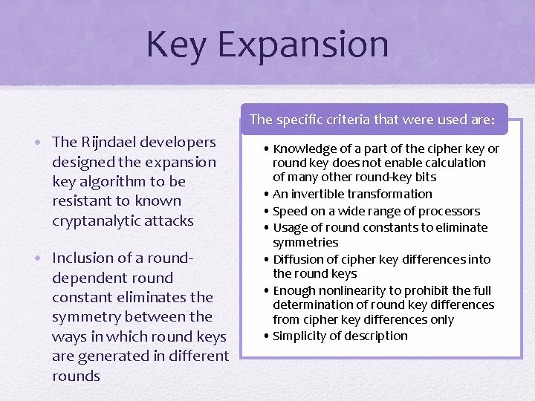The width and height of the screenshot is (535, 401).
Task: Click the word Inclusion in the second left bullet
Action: (x=82, y=258)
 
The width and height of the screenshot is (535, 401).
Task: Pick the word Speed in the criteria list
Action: (x=289, y=211)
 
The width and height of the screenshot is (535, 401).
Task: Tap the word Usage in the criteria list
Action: (x=290, y=227)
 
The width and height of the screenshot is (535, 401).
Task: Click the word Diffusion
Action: (x=298, y=259)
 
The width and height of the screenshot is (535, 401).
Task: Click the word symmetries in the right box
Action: (x=305, y=242)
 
